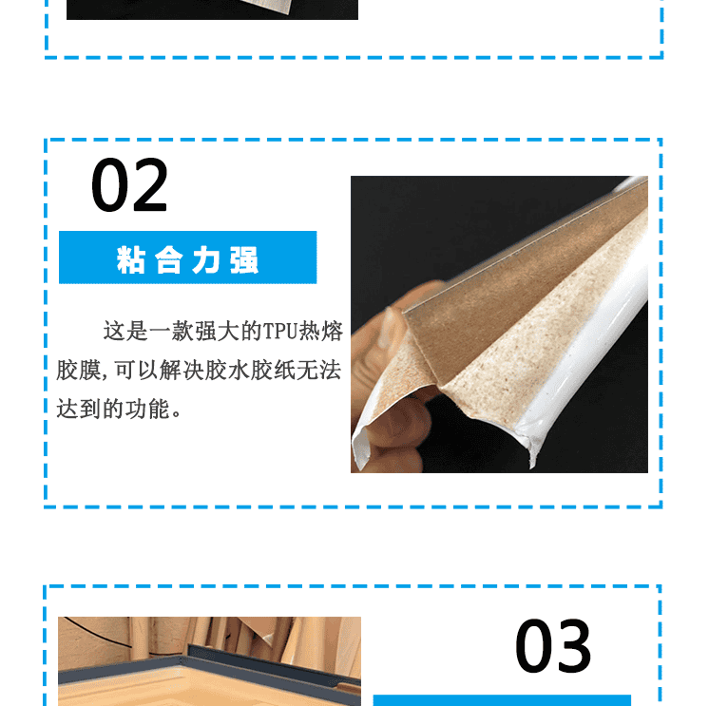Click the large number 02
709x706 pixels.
[129, 184]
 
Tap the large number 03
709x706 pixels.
[552, 645]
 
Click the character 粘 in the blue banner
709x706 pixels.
[130, 260]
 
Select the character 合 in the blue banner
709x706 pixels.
[168, 260]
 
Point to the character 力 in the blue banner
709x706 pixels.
[206, 260]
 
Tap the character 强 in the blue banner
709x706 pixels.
[244, 260]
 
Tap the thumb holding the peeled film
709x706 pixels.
[397, 425]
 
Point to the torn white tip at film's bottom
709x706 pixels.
[532, 456]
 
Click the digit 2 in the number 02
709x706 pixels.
[149, 184]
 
